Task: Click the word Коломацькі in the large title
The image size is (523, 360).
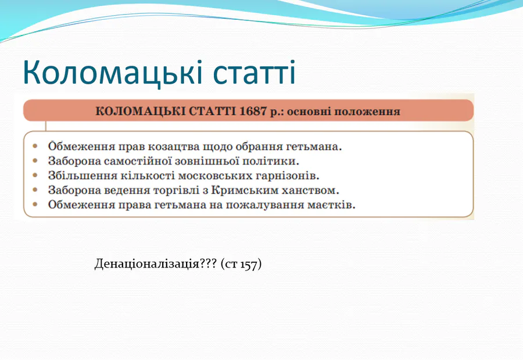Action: (x=112, y=73)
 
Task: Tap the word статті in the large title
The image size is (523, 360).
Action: (x=254, y=73)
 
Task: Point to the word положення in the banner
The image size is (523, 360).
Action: (x=367, y=112)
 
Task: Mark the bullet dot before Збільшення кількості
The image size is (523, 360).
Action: (x=35, y=175)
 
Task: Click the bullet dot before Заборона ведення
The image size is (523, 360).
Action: (x=35, y=190)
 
